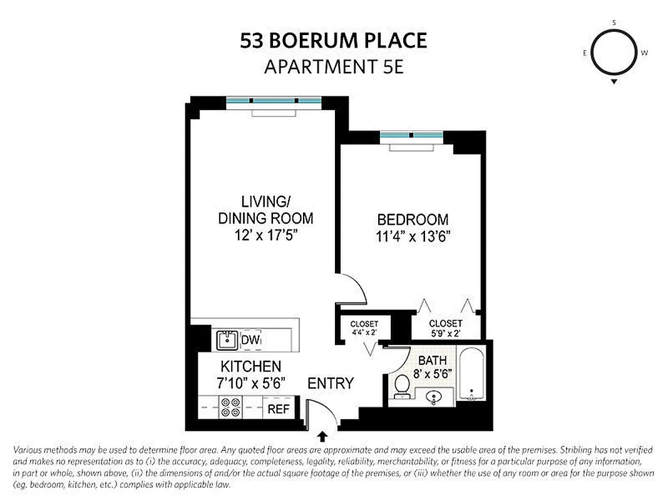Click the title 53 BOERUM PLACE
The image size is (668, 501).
pyautogui.click(x=334, y=41)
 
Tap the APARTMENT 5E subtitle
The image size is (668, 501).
pyautogui.click(x=334, y=66)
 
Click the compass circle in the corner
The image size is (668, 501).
pyautogui.click(x=614, y=53)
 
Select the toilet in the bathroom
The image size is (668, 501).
pyautogui.click(x=401, y=386)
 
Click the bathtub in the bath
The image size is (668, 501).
pyautogui.click(x=471, y=376)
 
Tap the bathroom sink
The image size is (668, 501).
pyautogui.click(x=438, y=396)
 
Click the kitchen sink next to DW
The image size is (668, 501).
pyautogui.click(x=227, y=340)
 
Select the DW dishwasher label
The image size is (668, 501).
pyautogui.click(x=250, y=340)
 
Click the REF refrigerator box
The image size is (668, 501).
pyautogui.click(x=277, y=408)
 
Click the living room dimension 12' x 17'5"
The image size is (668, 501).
pyautogui.click(x=265, y=236)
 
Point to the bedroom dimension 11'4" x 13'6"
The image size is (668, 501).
pyautogui.click(x=413, y=237)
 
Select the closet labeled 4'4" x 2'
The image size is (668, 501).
pyautogui.click(x=364, y=328)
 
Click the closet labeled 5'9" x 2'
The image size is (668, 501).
pyautogui.click(x=446, y=328)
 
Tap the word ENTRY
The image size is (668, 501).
pyautogui.click(x=331, y=383)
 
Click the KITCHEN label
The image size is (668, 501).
pyautogui.click(x=250, y=366)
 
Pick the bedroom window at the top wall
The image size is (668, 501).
pyautogui.click(x=411, y=135)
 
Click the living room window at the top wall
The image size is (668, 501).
pyautogui.click(x=274, y=100)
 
